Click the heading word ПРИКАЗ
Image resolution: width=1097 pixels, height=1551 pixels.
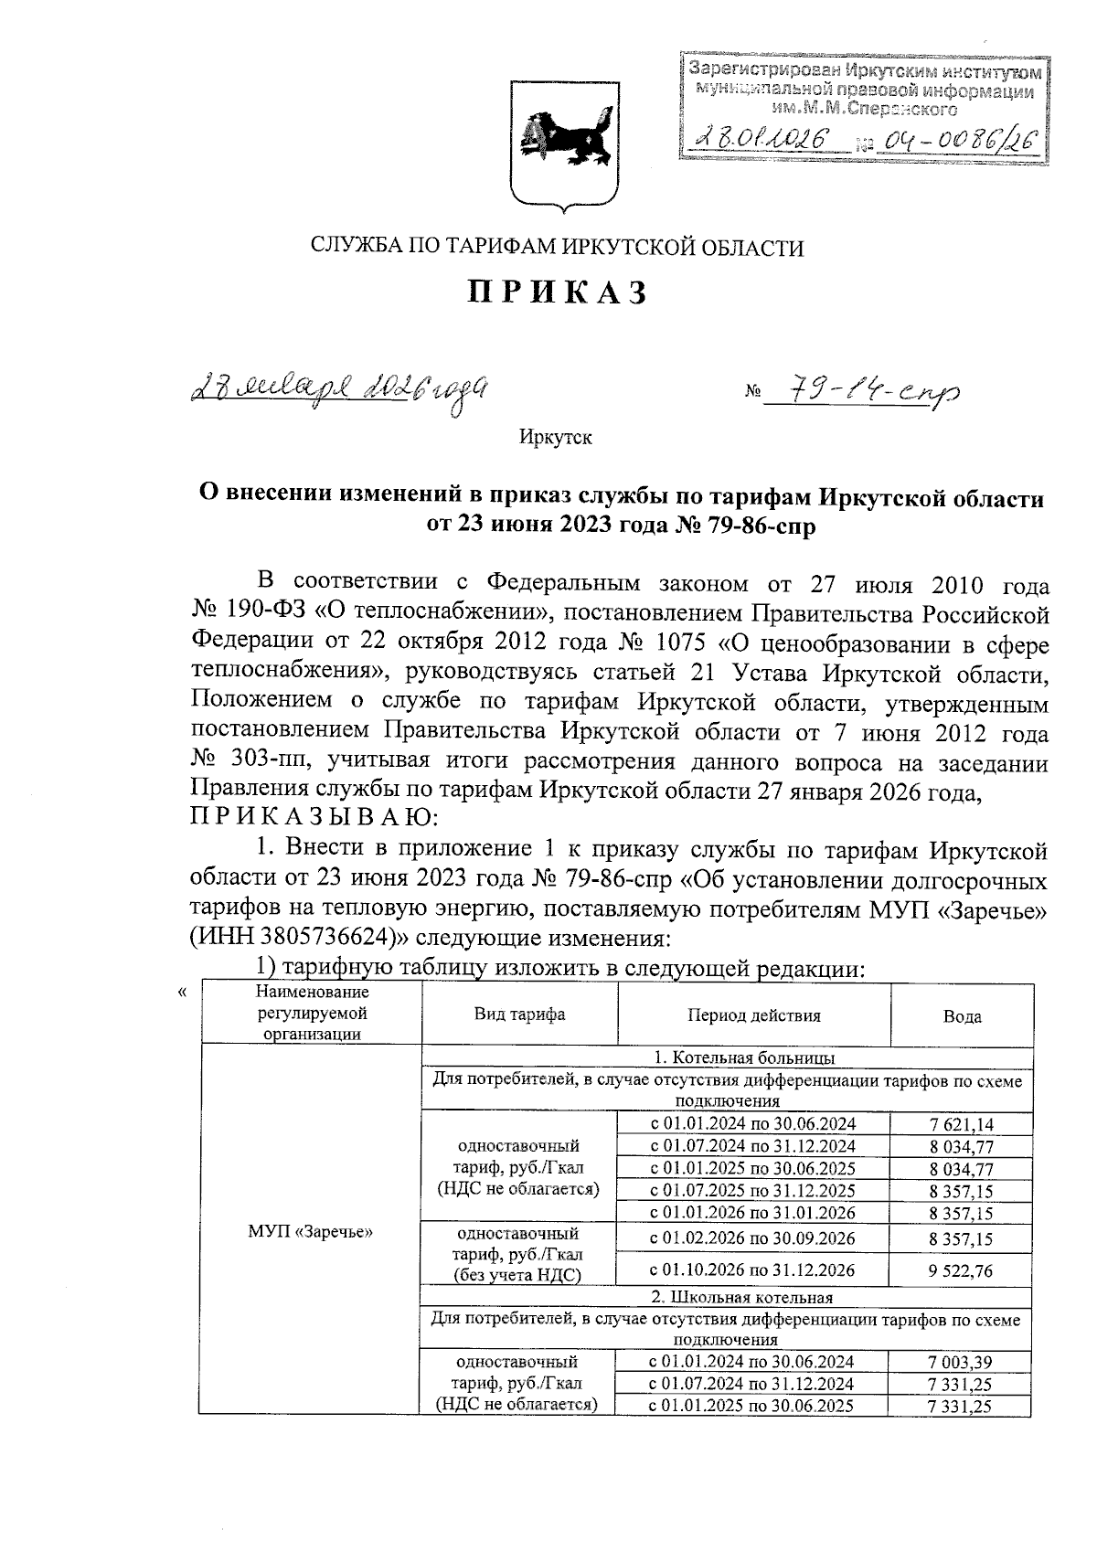point(558,292)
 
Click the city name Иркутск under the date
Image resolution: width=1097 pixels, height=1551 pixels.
point(555,438)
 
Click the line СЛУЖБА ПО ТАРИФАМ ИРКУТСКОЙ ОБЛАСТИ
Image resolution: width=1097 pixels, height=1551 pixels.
point(558,248)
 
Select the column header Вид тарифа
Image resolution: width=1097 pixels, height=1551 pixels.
point(518,1015)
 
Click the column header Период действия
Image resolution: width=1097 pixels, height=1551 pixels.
point(753,1015)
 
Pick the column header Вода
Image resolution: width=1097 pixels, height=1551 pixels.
point(962,1016)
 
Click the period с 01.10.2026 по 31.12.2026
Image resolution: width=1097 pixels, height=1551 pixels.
point(752,1269)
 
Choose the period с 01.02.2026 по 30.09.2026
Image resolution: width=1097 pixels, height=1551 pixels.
point(752,1239)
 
